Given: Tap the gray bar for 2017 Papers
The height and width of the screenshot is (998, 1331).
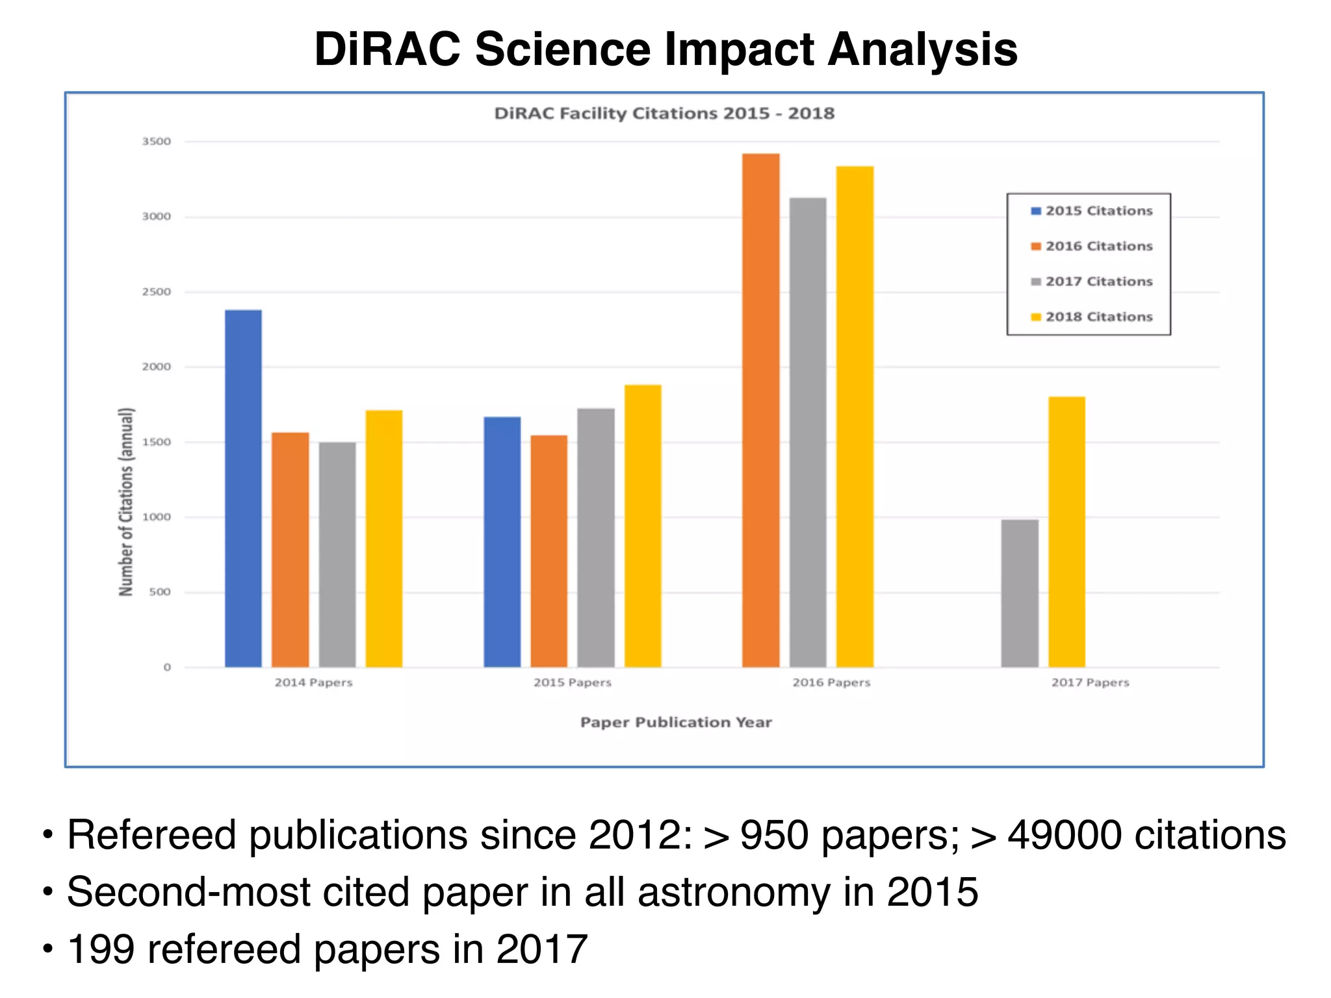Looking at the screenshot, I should [1019, 593].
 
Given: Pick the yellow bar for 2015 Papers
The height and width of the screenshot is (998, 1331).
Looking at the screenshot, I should [643, 526].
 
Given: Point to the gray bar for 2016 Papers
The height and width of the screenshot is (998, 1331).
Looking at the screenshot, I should [808, 432].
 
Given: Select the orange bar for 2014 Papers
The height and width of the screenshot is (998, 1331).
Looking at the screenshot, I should [290, 550].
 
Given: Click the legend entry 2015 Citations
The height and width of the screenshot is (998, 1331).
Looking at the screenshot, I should [1098, 211].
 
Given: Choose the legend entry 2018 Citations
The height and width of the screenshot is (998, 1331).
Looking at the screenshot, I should [1098, 317].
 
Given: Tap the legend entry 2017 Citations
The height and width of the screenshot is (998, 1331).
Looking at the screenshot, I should [1098, 281].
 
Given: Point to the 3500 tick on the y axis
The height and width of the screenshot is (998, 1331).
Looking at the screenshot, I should [157, 142].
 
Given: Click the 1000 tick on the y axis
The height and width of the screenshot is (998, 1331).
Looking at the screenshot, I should [157, 517].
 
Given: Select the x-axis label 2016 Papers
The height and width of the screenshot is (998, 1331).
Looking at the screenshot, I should [831, 682].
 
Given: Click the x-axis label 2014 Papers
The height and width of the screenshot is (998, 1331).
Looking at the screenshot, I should [313, 682].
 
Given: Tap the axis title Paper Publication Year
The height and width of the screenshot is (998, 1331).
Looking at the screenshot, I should [676, 723].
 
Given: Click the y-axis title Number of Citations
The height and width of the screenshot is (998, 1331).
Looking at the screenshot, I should [126, 502].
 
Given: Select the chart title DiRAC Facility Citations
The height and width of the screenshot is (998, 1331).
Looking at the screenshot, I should [664, 114].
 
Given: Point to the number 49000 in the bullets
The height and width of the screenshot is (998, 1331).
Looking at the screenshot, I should [1064, 835].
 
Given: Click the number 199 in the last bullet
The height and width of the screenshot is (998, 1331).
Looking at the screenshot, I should [101, 949].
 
